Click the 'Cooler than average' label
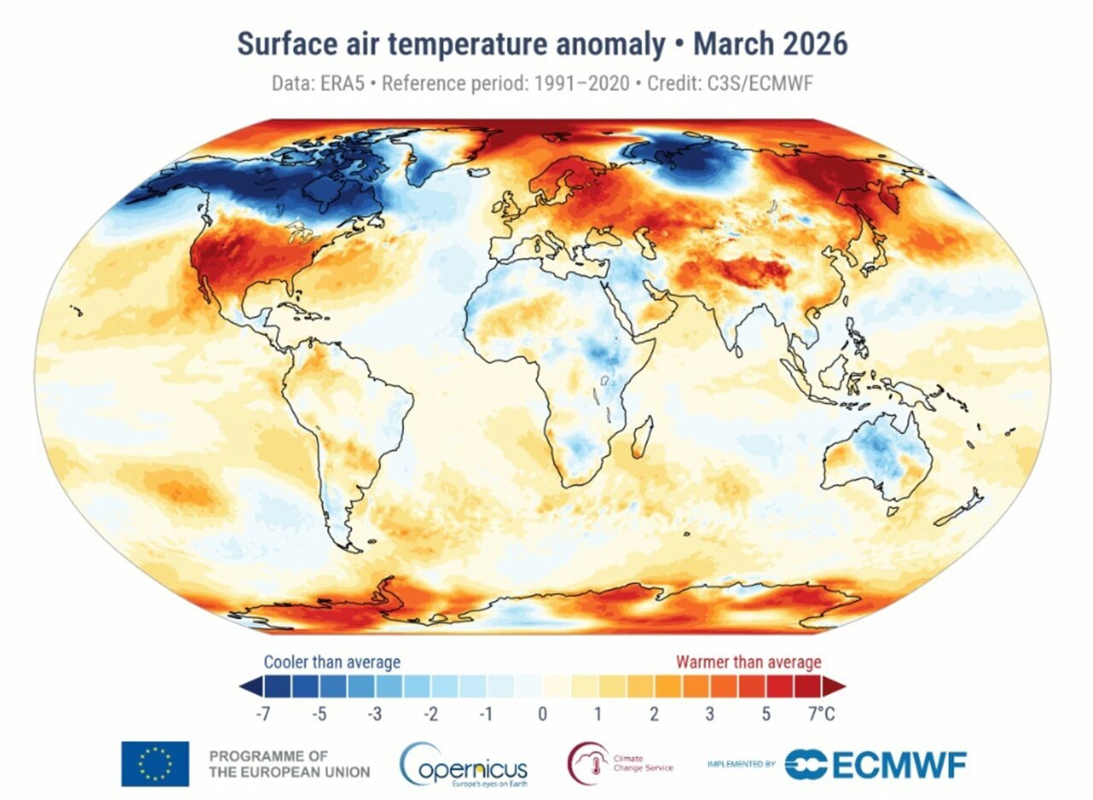click(331, 662)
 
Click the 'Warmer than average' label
click(748, 662)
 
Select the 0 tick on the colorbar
click(541, 714)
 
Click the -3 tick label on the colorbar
click(374, 714)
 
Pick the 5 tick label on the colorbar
click(766, 714)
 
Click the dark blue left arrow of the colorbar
click(248, 686)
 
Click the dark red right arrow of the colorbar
click(834, 686)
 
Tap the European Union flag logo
click(155, 763)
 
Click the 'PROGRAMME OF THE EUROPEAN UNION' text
click(289, 764)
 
